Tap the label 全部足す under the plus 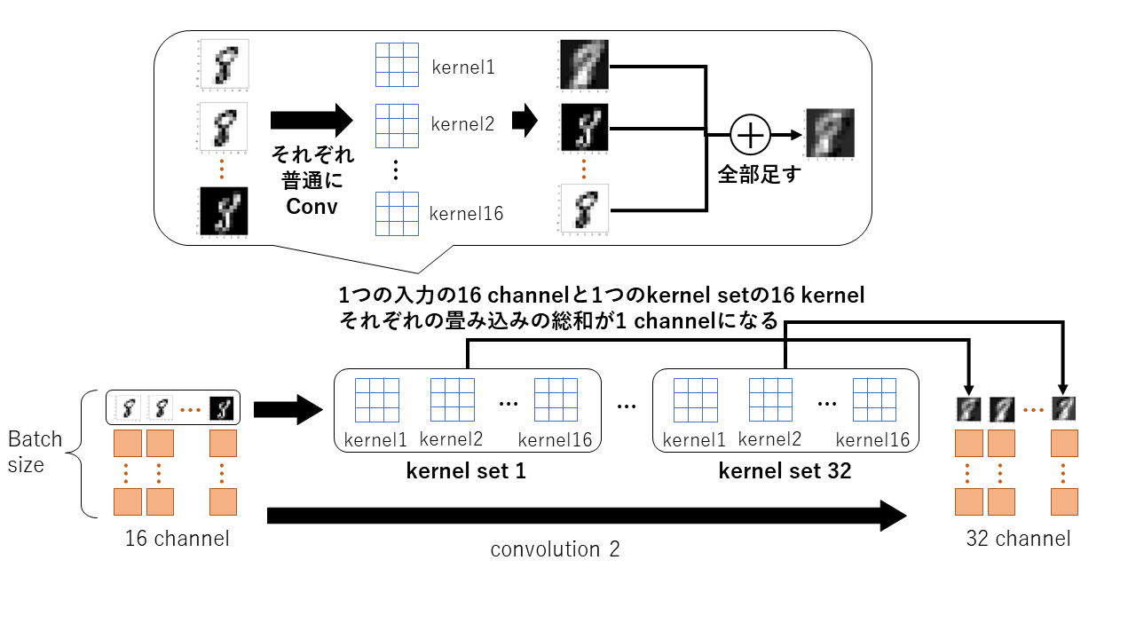pos(759,174)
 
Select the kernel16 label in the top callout pos(466,213)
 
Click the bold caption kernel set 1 pos(466,471)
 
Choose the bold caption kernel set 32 pos(785,471)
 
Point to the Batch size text pos(35,451)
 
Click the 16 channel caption pos(177,538)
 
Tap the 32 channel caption pos(1018,538)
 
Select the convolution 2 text pos(555,549)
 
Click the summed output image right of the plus pos(829,133)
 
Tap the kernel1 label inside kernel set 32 pos(695,439)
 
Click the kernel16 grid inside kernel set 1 pos(556,399)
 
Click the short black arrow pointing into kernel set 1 pos(287,409)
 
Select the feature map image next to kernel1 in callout pos(583,65)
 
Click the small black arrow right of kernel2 pos(525,121)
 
